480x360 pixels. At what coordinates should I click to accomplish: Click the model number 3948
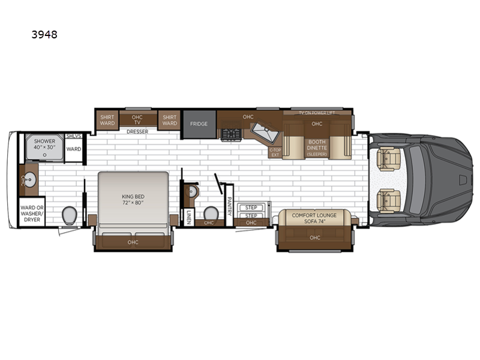(44, 34)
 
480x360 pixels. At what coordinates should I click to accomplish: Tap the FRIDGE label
(199, 124)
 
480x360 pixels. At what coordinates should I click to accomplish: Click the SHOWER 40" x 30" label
(44, 145)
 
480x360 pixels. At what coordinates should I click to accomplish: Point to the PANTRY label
(229, 205)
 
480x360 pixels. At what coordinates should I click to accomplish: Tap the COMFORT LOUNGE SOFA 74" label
(314, 217)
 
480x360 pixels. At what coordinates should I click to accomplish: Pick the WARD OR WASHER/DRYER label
(31, 212)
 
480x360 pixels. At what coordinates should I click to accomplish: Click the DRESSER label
(137, 131)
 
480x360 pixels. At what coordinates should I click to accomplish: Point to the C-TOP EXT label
(274, 152)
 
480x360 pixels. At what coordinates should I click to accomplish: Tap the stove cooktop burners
(230, 134)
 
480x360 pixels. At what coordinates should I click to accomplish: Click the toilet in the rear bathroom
(69, 214)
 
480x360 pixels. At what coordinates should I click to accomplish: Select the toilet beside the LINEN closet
(210, 214)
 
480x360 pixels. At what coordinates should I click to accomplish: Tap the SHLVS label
(73, 137)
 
